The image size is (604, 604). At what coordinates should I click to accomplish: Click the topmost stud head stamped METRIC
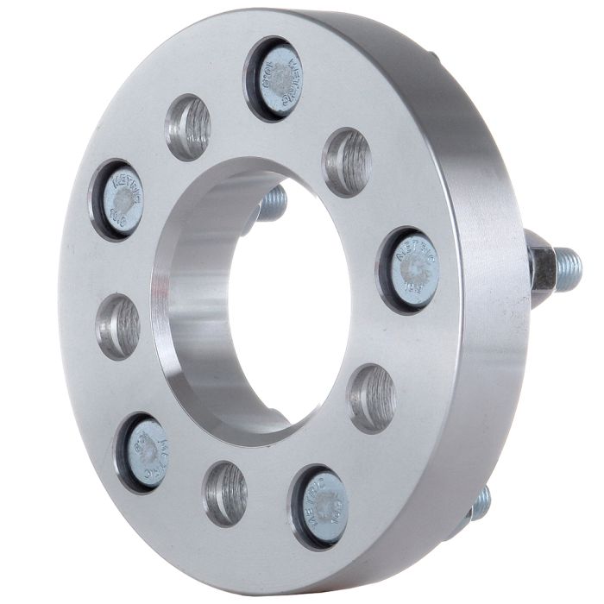click(279, 79)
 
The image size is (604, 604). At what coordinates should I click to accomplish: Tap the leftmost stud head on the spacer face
click(120, 199)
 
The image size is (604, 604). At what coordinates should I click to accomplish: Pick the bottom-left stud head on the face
click(145, 452)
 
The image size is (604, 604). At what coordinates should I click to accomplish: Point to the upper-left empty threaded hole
click(189, 127)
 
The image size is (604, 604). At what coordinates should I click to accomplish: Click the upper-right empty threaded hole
click(347, 161)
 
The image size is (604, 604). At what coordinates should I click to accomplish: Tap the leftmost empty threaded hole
click(118, 326)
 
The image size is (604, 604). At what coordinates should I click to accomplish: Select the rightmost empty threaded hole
click(372, 398)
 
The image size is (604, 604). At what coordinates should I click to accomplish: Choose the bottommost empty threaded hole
click(226, 493)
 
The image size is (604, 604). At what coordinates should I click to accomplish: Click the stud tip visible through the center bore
click(272, 204)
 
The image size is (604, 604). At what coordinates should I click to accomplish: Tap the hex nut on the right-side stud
click(544, 267)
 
